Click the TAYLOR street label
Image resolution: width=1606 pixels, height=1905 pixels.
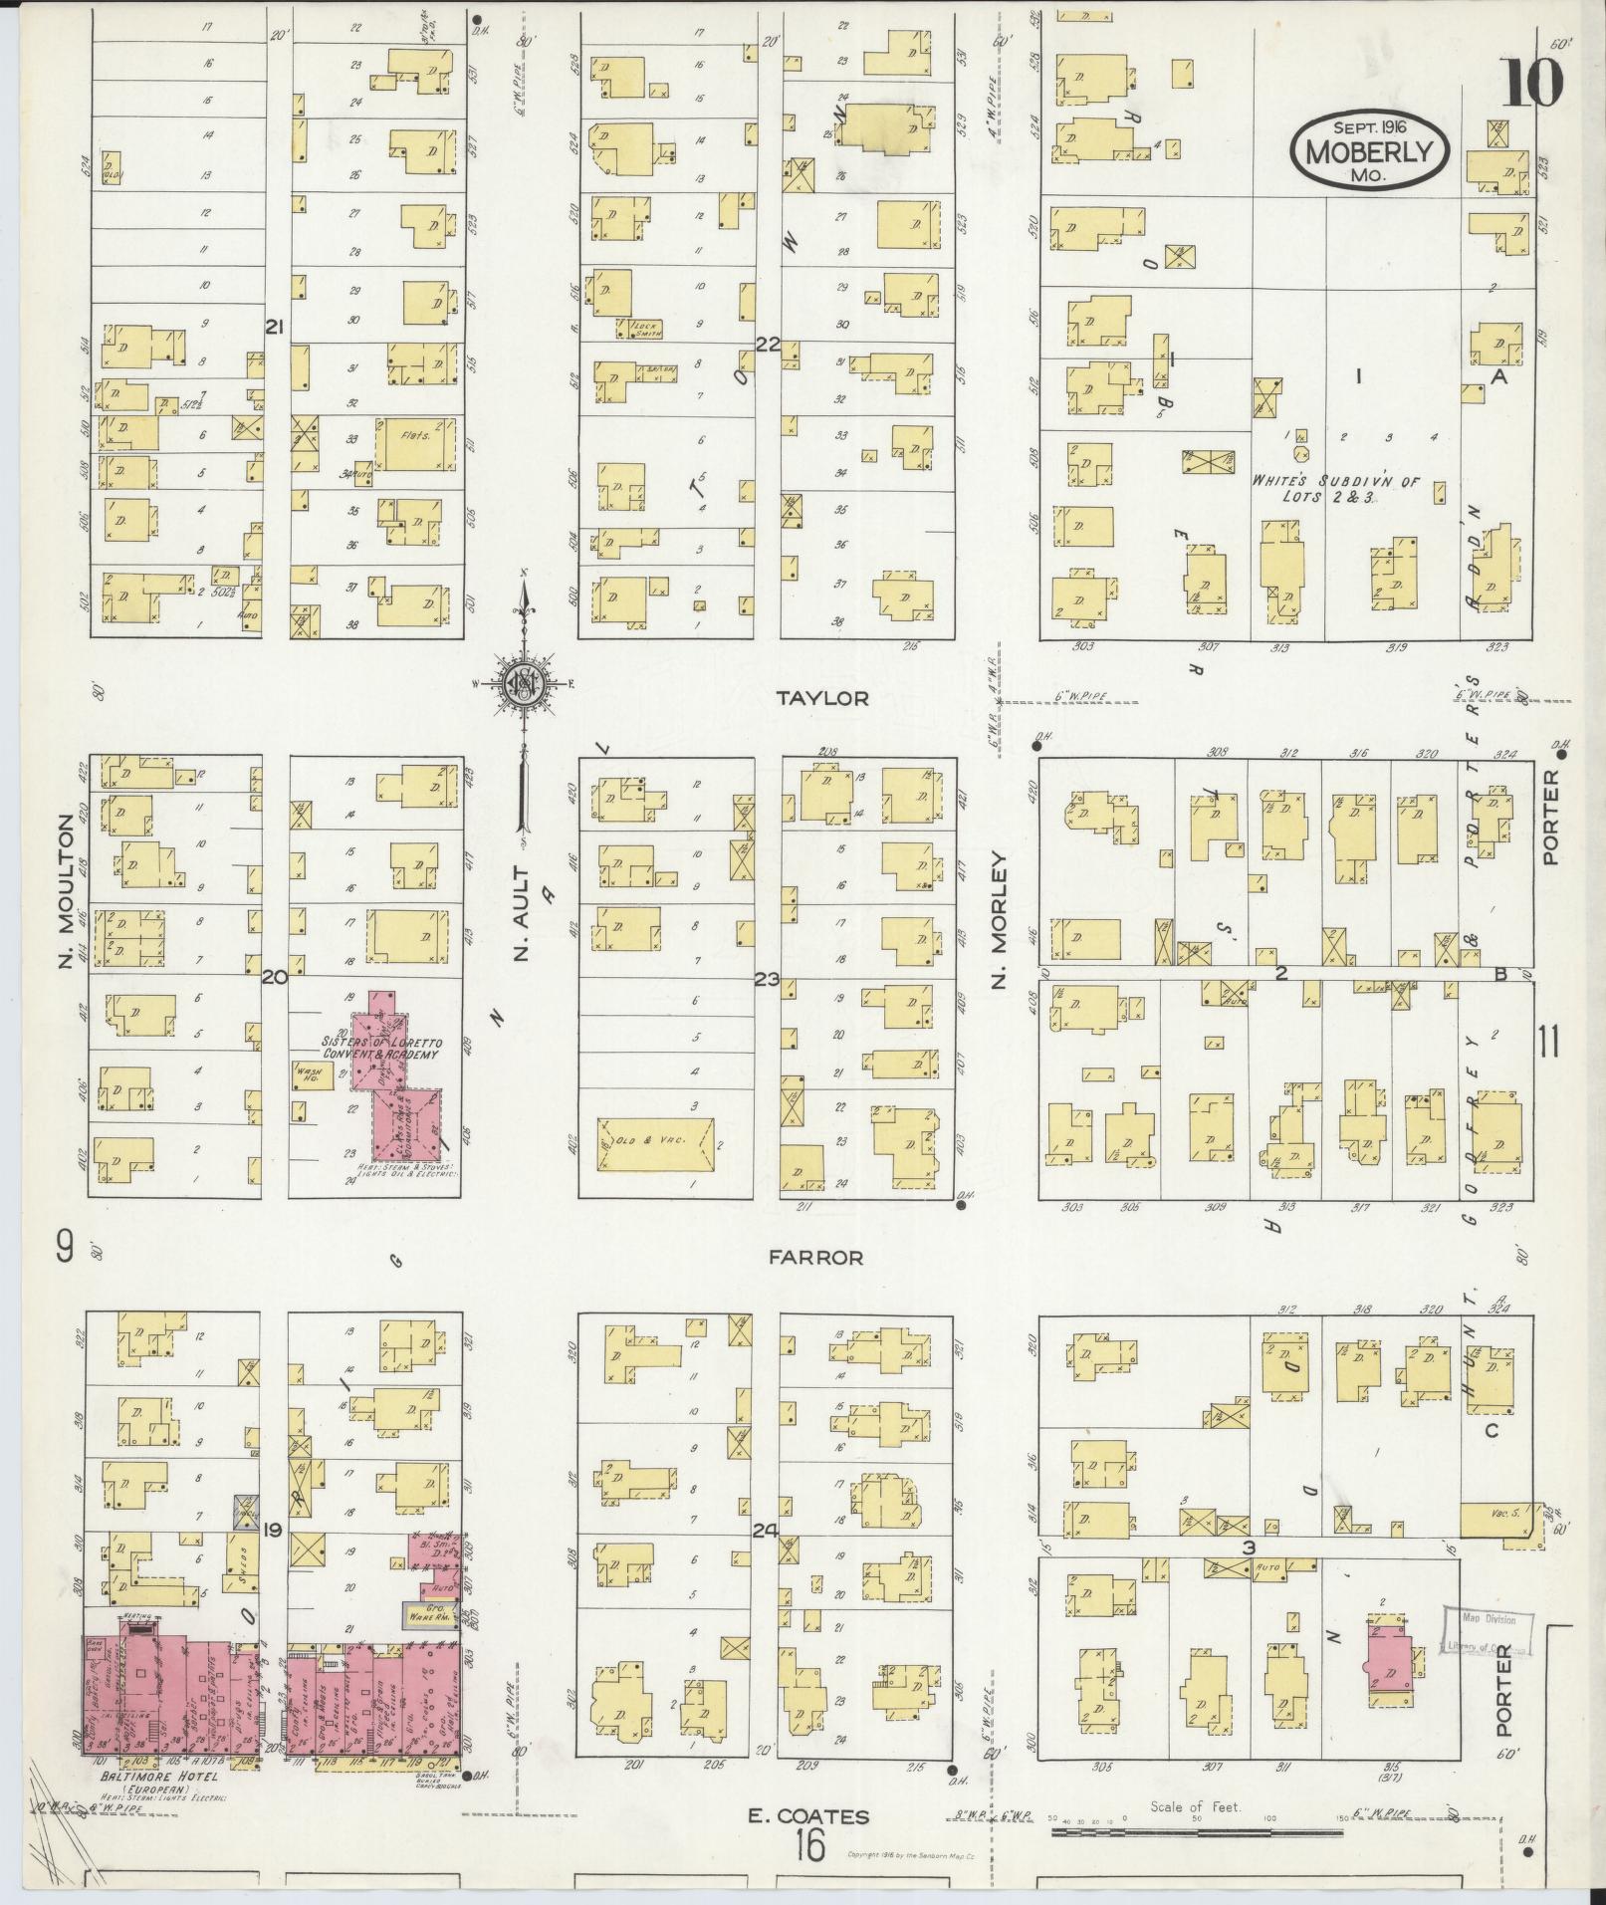821,698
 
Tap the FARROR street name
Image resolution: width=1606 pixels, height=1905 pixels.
815,1258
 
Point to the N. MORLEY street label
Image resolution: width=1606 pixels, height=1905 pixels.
999,919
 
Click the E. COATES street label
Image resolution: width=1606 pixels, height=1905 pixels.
808,1815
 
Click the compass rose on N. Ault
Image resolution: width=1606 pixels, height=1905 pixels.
522,683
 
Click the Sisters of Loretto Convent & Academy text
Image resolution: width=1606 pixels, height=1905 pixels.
379,1048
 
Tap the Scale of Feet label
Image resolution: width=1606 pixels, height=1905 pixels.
1194,1805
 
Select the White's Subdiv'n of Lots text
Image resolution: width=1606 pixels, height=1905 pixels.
1315,488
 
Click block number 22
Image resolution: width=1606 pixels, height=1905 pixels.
768,344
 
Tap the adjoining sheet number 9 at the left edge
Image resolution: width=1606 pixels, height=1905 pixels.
66,1247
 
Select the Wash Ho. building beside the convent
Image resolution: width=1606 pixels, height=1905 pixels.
312,1074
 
